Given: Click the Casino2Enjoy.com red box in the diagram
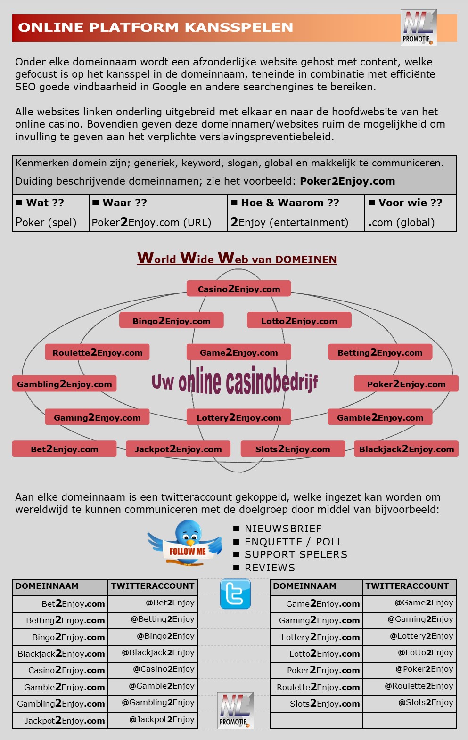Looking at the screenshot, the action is [x=238, y=288].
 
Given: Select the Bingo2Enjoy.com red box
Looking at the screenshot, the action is [x=171, y=320].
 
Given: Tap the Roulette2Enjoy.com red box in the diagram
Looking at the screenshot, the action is [x=97, y=352].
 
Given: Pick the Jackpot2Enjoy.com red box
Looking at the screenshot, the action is [x=178, y=448].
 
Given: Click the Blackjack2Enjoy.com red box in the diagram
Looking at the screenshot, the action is [x=406, y=448].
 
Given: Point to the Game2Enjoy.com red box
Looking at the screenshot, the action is [x=238, y=352].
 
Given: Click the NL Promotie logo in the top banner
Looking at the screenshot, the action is [x=419, y=27].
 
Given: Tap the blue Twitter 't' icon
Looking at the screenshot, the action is [x=235, y=594].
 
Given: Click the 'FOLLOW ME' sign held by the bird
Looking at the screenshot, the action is [x=188, y=551].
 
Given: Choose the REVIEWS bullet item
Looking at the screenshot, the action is [x=264, y=568].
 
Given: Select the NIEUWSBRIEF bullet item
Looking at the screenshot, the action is [x=277, y=529].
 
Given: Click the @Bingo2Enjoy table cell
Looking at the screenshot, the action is [x=153, y=636].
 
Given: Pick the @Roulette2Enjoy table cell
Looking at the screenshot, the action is [x=410, y=686].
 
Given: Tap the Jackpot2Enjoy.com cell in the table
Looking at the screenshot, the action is [x=60, y=720].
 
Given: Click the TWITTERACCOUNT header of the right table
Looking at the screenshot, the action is [x=410, y=586].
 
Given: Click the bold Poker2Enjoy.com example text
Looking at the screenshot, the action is [x=347, y=181].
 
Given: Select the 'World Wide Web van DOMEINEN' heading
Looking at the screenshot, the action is [x=237, y=258].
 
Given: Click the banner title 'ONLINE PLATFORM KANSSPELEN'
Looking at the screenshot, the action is [x=156, y=27].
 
